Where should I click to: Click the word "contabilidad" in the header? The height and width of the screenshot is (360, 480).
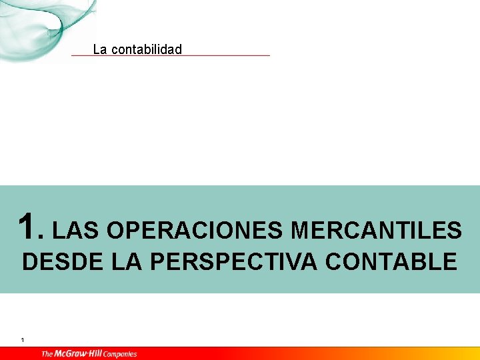146,49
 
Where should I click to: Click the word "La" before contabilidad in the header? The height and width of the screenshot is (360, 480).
99,49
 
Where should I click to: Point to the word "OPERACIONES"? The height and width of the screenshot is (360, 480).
194,231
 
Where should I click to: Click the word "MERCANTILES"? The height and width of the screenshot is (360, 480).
376,231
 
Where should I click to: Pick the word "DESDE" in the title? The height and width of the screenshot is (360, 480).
62,262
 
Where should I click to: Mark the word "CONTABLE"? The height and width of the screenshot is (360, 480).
391,262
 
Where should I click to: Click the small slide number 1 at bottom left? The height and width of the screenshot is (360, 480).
23,341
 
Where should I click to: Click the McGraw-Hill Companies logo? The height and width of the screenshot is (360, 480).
89,354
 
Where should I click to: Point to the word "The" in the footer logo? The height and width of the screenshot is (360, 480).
47,354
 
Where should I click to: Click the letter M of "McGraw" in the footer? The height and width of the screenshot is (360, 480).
59,354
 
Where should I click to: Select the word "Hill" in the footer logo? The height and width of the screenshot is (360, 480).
98,354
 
